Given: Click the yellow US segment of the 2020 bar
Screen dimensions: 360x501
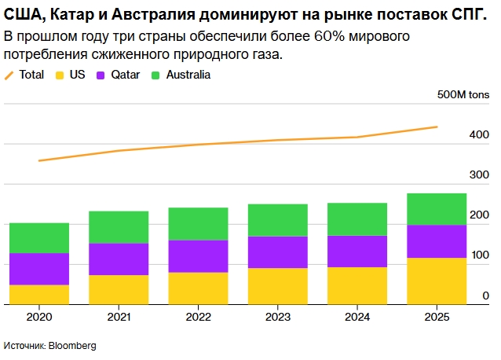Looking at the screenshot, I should (x=39, y=294).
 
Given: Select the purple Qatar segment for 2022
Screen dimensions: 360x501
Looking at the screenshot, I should (x=198, y=256).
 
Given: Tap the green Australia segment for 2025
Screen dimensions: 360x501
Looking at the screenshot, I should (x=437, y=209).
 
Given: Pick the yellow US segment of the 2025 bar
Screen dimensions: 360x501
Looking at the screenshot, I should (x=437, y=281).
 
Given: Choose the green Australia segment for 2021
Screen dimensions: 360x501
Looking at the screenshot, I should (x=119, y=227).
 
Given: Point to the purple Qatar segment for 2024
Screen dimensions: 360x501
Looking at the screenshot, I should (x=357, y=252).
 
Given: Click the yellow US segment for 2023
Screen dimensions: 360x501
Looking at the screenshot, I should (x=278, y=286).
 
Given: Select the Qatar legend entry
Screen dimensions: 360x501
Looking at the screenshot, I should (x=119, y=75).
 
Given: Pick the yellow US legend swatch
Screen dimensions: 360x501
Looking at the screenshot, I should (x=60, y=75).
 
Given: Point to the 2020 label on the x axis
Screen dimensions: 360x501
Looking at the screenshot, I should (x=39, y=317).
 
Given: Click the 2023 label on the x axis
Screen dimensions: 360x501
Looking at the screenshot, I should (x=278, y=317).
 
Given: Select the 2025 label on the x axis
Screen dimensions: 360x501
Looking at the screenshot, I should (x=437, y=317).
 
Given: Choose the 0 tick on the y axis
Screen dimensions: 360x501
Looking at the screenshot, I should (x=486, y=295).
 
